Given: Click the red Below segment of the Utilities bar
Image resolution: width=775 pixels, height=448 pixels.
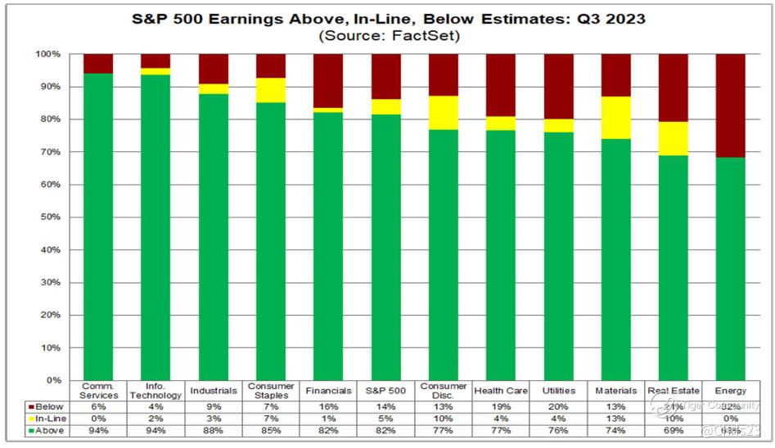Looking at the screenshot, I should tap(560, 86).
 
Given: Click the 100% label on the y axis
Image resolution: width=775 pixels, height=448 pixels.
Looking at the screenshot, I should tap(47, 54).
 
